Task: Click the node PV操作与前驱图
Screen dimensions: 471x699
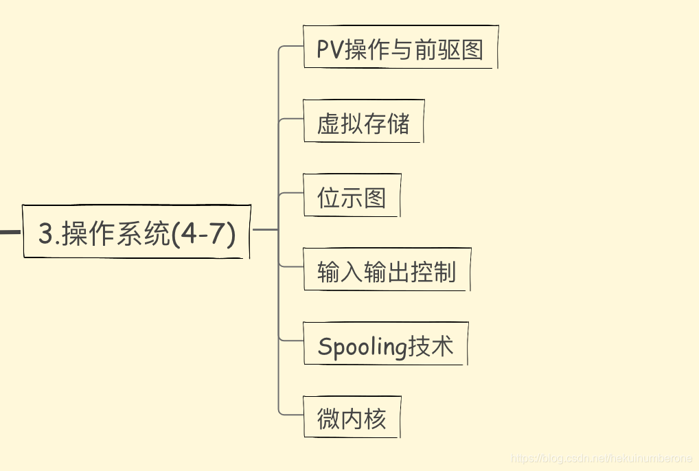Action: [x=400, y=47]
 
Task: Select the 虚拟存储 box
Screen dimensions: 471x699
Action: [x=363, y=122]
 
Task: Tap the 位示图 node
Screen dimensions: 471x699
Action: [x=352, y=196]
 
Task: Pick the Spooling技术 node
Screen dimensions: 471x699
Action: [x=385, y=344]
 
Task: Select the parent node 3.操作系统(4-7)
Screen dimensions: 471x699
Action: [x=137, y=232]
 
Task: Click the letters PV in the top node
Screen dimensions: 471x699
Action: [x=330, y=49]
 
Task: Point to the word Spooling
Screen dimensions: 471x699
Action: [x=363, y=347]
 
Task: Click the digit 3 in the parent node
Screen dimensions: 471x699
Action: [x=45, y=234]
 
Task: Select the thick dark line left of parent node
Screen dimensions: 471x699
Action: [x=9, y=232]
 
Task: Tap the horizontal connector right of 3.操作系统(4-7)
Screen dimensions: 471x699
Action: [x=265, y=229]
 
